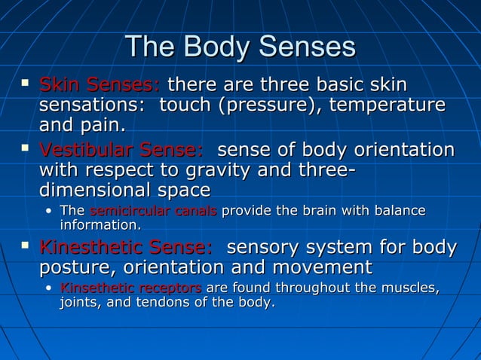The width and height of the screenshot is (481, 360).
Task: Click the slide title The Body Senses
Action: [x=240, y=47]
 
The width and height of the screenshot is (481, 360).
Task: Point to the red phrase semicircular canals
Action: [x=153, y=211]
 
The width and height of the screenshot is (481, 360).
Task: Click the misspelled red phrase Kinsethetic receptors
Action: [x=130, y=288]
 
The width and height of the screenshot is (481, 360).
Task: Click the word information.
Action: [x=100, y=225]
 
